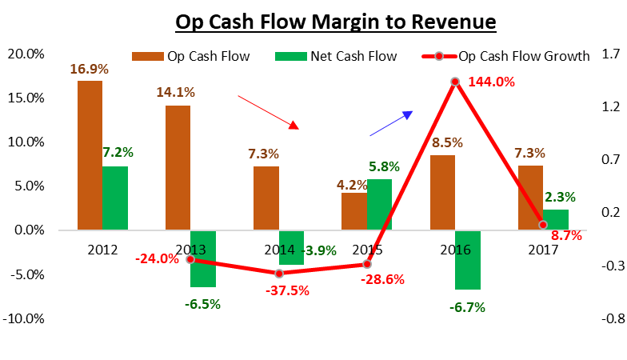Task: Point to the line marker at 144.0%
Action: click(455, 82)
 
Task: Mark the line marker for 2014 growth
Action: click(278, 274)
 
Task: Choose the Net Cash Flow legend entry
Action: click(325, 56)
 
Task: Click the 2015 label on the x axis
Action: click(366, 249)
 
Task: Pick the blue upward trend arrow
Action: click(391, 124)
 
